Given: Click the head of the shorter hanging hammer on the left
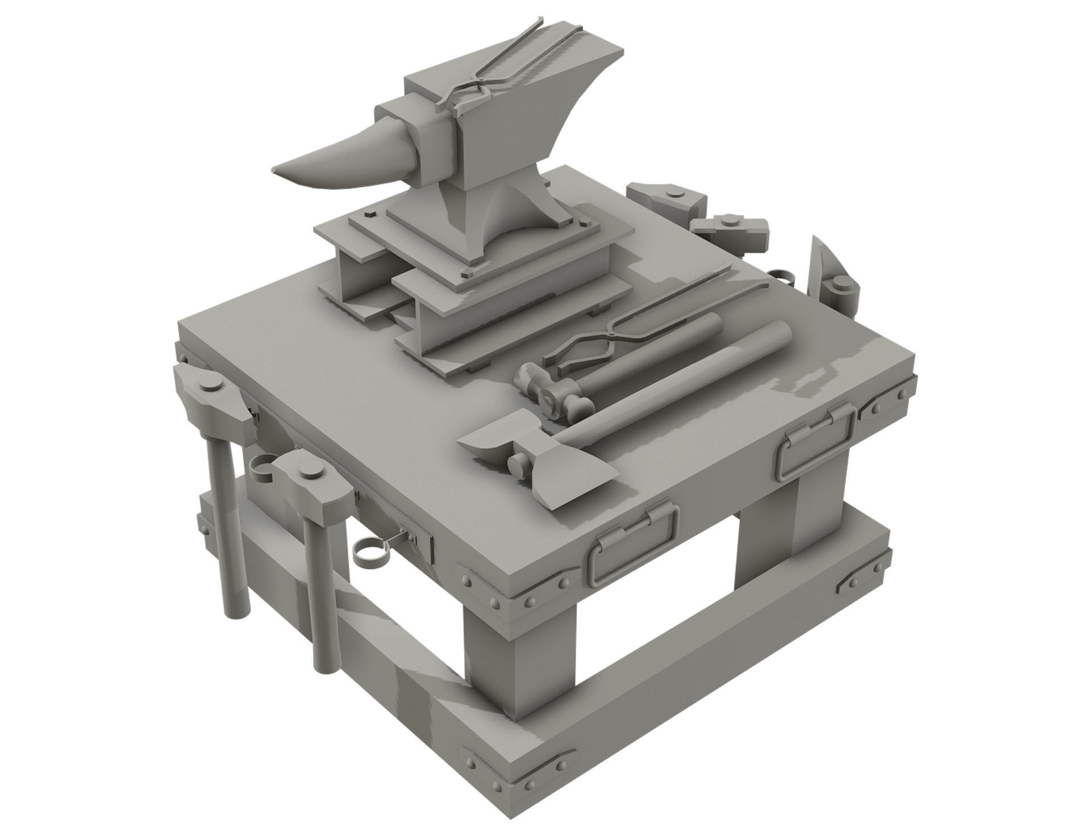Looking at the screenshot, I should coord(310,483).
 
